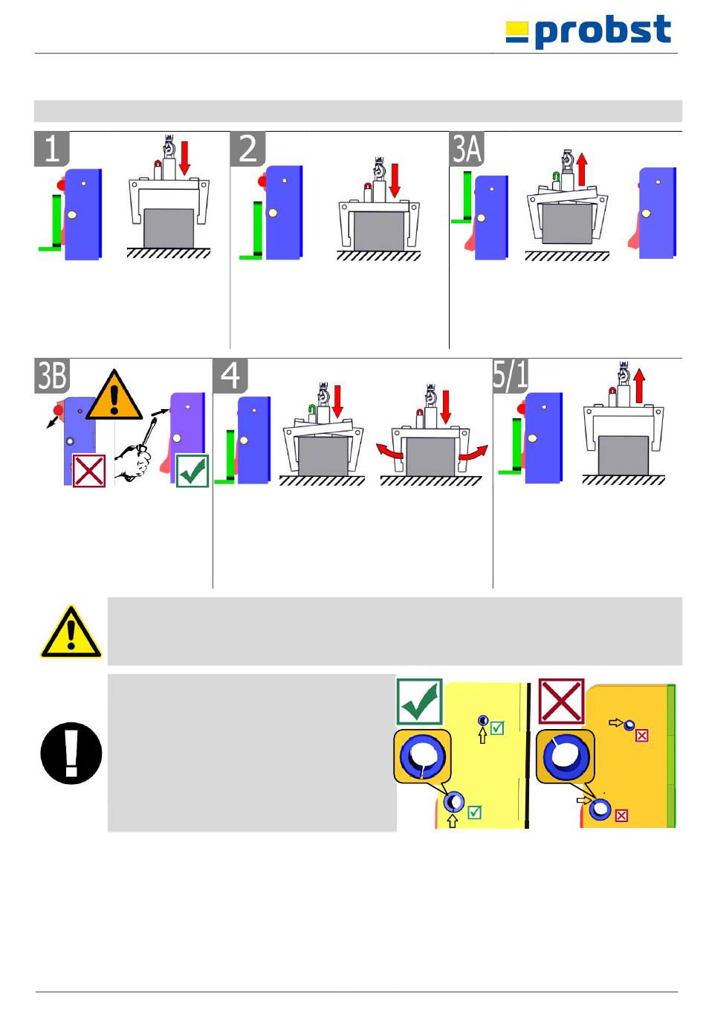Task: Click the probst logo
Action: [x=589, y=32]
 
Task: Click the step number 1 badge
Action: [x=52, y=149]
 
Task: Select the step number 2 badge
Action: [x=247, y=149]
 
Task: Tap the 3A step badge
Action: [x=467, y=149]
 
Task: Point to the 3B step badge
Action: [x=52, y=376]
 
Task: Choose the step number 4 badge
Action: [x=230, y=376]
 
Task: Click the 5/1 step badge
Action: [x=511, y=376]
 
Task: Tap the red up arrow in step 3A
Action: [x=582, y=169]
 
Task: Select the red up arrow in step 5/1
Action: [x=640, y=387]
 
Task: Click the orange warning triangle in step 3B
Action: [x=114, y=397]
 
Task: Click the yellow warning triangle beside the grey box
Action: [x=71, y=632]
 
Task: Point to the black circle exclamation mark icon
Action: [x=71, y=753]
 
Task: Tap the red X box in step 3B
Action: [x=88, y=471]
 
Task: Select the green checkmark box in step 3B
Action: [x=192, y=471]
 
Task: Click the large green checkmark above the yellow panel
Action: [x=420, y=702]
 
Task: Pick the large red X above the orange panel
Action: [x=561, y=701]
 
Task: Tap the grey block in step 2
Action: [x=379, y=231]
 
